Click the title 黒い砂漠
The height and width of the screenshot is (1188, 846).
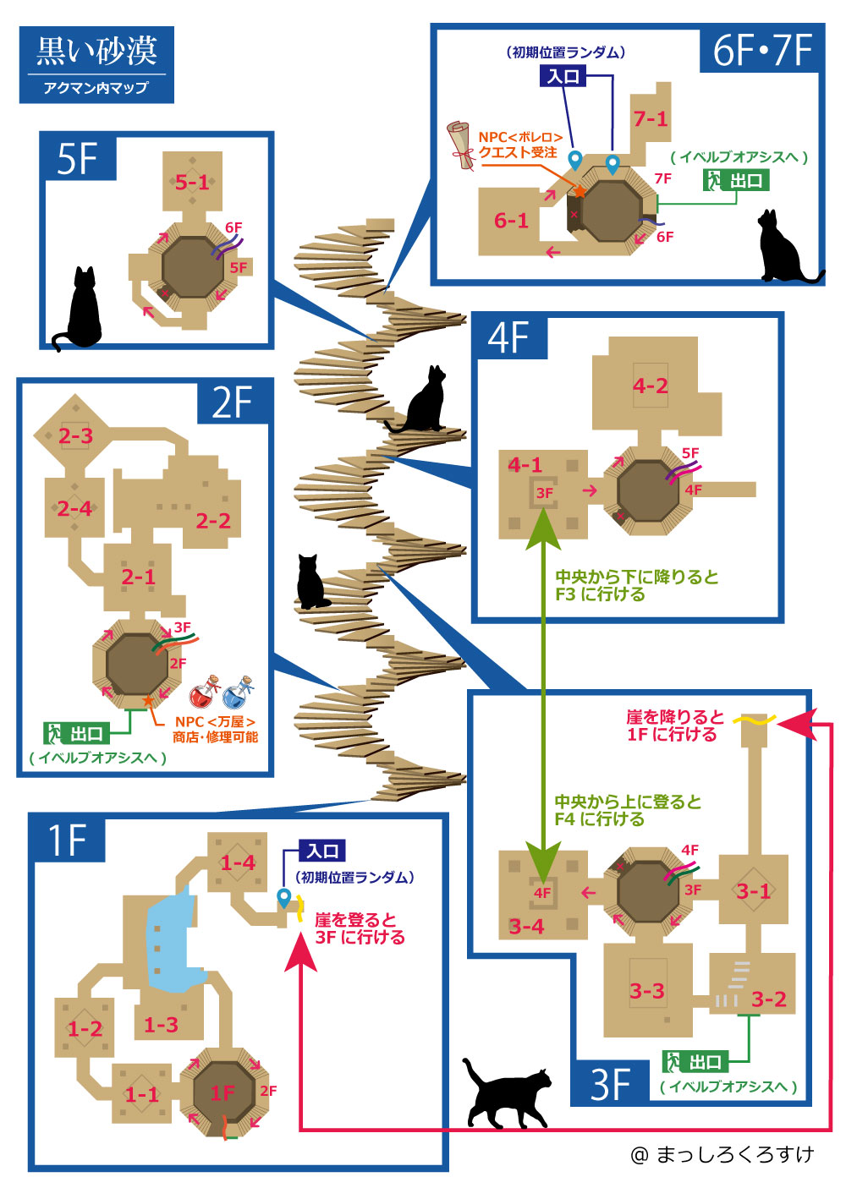pyautogui.click(x=96, y=52)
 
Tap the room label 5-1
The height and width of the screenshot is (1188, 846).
pyautogui.click(x=192, y=182)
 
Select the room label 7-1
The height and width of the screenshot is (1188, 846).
pyautogui.click(x=651, y=119)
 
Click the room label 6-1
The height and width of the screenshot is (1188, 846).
pyautogui.click(x=511, y=221)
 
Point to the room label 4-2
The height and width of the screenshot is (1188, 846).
pyautogui.click(x=650, y=386)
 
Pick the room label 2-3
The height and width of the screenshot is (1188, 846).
pyautogui.click(x=75, y=436)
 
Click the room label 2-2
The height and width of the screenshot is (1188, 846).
pyautogui.click(x=213, y=521)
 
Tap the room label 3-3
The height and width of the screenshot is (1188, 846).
pyautogui.click(x=646, y=991)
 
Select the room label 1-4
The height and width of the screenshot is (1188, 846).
pyautogui.click(x=238, y=862)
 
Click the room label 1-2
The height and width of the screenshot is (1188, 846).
pyautogui.click(x=85, y=1029)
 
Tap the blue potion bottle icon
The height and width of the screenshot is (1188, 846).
pyautogui.click(x=239, y=694)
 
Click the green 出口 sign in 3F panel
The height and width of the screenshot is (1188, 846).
pyautogui.click(x=695, y=1061)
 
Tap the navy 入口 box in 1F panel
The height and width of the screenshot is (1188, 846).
pyautogui.click(x=322, y=851)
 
